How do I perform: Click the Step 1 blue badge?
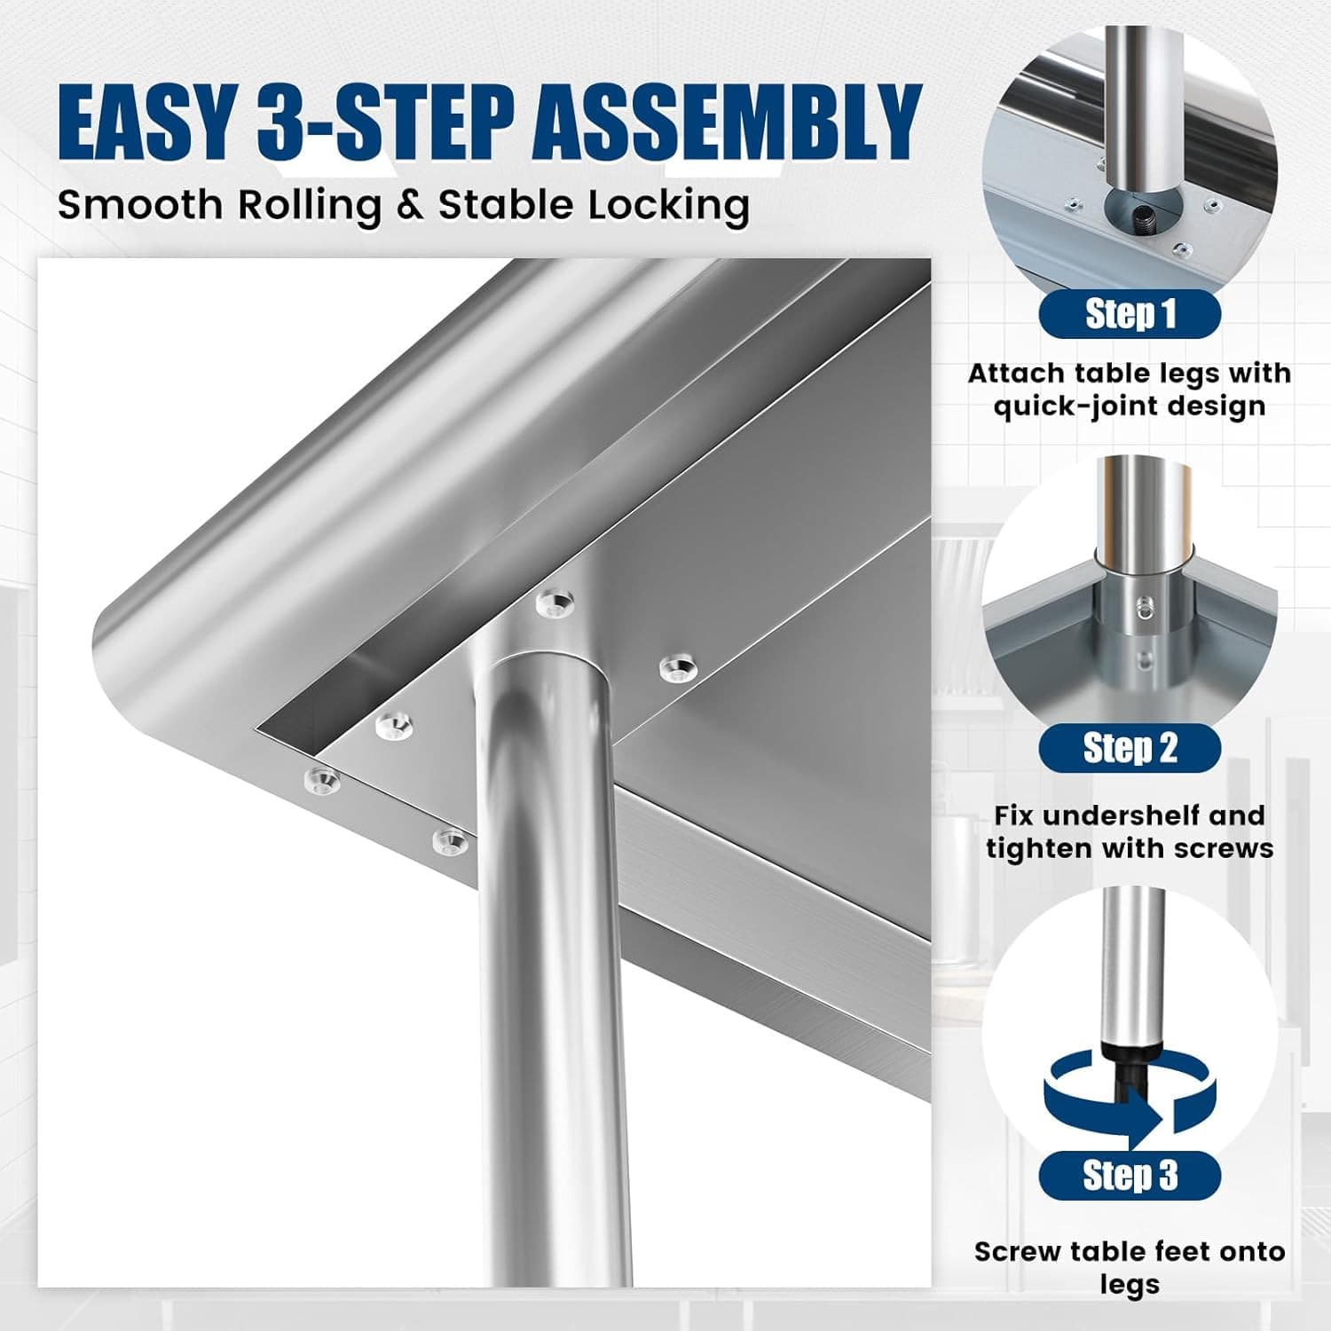click(x=1130, y=314)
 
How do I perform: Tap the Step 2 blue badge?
click(x=1130, y=748)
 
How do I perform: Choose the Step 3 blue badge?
click(x=1130, y=1176)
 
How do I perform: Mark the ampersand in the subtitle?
click(x=410, y=206)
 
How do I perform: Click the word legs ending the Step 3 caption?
click(x=1130, y=1286)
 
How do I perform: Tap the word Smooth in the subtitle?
click(x=140, y=205)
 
